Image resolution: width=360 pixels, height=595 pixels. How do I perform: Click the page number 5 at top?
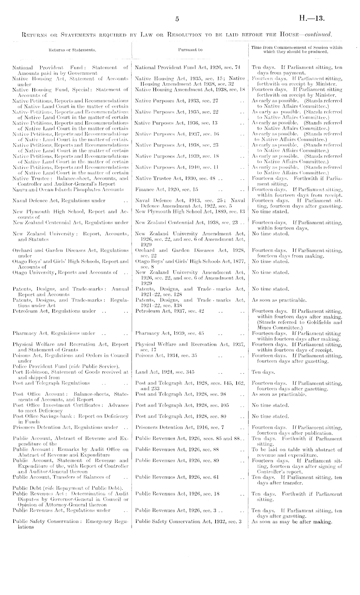[177, 19]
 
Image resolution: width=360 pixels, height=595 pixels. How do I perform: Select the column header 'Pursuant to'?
[190, 50]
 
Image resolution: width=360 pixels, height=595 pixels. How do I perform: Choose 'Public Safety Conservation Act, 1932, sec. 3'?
[189, 521]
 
